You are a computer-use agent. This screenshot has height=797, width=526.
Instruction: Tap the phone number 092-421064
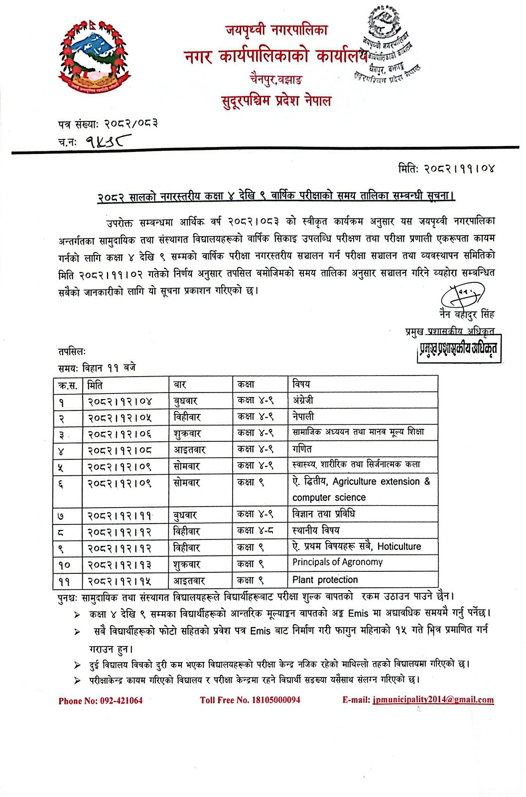tap(101, 700)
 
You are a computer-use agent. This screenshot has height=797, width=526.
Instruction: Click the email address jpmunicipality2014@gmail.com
tap(432, 699)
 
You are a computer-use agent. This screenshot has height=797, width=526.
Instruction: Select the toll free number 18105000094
tap(250, 700)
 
